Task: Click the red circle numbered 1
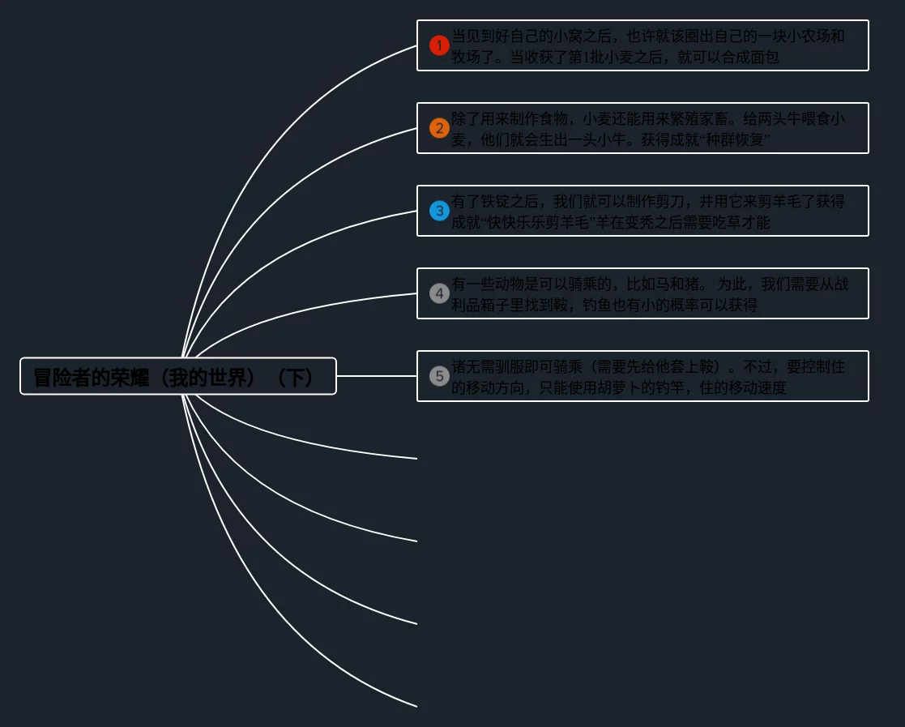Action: [439, 45]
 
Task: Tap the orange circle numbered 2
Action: [439, 128]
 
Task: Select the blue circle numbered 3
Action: [439, 211]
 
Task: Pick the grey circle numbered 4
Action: [439, 293]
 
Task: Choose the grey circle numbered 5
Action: [439, 376]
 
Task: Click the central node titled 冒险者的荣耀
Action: [177, 377]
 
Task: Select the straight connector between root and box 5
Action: [377, 376]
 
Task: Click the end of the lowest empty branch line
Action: [415, 706]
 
